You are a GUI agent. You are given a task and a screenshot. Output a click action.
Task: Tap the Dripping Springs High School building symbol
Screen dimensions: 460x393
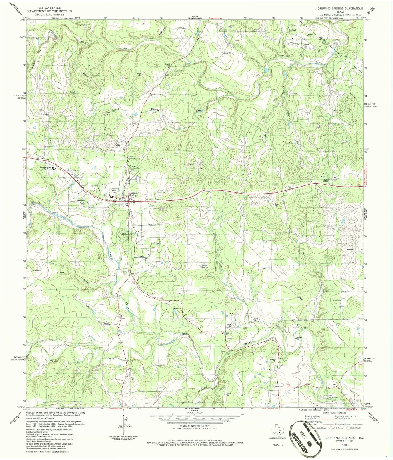[54, 169]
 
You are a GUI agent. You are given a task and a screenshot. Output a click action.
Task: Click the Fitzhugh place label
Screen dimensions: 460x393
[292, 30]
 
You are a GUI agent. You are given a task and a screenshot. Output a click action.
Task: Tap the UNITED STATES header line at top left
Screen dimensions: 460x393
[49, 8]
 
